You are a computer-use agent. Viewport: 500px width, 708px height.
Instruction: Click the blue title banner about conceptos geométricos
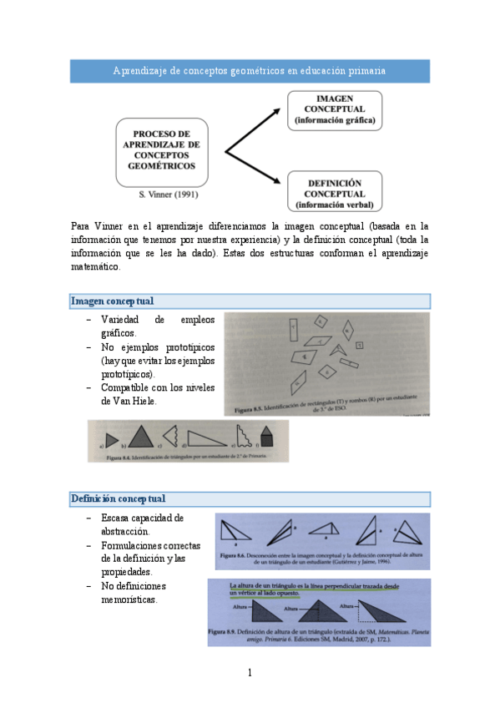tap(250, 71)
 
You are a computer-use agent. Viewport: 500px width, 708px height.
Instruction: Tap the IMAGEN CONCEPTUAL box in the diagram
tap(334, 109)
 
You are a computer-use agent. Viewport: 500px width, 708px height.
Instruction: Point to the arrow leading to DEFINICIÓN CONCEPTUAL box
tap(255, 171)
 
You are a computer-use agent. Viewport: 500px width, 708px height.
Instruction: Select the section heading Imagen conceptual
tap(113, 301)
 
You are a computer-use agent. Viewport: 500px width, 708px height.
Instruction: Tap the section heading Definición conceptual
tap(118, 499)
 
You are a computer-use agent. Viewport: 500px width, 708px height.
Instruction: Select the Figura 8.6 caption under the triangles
tap(321, 558)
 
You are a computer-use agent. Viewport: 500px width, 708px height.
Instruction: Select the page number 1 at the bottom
tap(250, 672)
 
